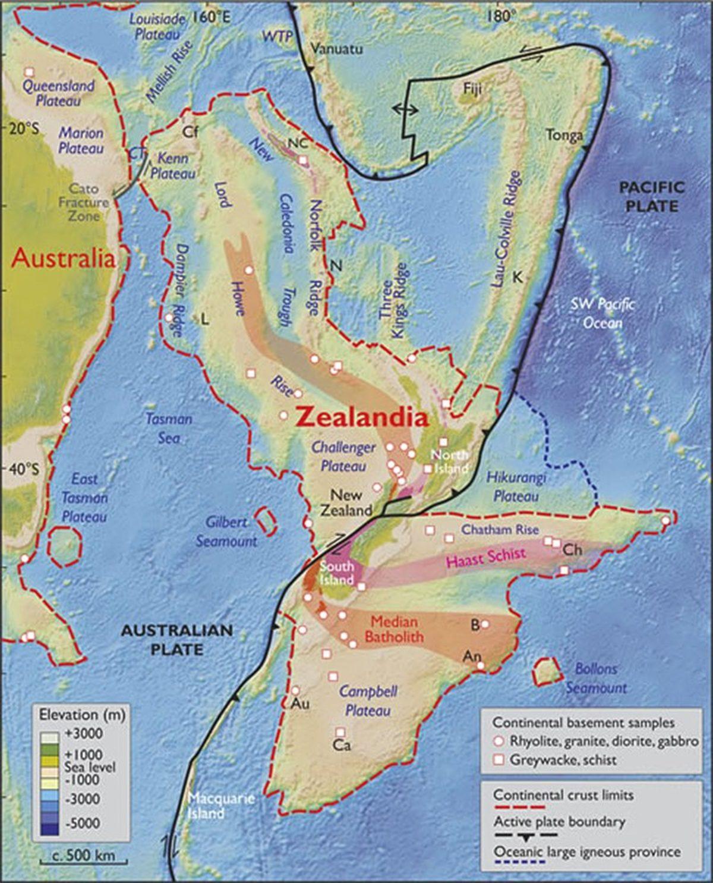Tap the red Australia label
64,258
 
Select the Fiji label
474,89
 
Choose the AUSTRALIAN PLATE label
176,639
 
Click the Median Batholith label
394,629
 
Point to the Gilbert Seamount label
232,532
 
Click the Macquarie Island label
220,806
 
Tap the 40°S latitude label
23,469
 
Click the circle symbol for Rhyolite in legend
499,741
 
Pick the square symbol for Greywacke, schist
499,760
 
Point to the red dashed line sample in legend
519,807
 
